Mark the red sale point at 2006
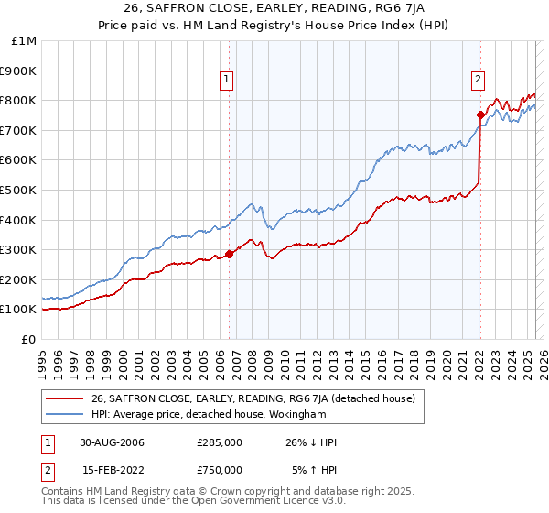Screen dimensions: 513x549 point(229,254)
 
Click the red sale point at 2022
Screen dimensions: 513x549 point(480,115)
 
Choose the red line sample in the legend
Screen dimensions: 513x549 point(65,398)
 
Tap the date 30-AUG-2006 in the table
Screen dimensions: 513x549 point(113,442)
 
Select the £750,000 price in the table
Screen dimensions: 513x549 point(220,470)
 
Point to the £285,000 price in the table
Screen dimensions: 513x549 point(220,442)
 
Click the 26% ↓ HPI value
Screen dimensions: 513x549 point(312,442)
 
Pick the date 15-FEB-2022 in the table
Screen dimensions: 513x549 point(113,470)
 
